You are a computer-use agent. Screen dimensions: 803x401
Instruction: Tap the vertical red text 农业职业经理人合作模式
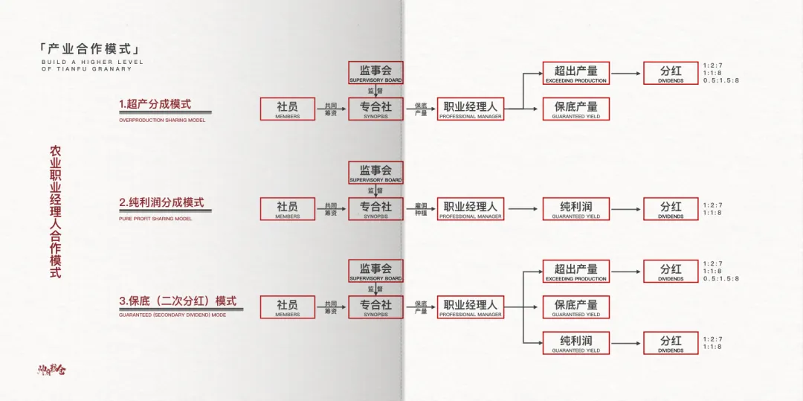55,212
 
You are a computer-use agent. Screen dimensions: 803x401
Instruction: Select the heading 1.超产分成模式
155,104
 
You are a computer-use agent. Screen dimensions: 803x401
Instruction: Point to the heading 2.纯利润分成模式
161,202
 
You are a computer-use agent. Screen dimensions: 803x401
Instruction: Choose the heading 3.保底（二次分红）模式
178,301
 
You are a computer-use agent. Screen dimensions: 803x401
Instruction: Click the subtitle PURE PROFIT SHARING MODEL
155,219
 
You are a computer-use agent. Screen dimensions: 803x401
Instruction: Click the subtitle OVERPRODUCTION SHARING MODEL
162,120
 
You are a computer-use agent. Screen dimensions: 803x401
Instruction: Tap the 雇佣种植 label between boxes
421,209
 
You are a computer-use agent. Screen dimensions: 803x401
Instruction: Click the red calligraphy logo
52,368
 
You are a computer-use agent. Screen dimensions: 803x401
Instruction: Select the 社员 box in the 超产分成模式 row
287,109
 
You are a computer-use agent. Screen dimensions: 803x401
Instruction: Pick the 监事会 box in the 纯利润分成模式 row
375,173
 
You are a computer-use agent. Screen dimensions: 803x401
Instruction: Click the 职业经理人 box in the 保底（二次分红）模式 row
470,307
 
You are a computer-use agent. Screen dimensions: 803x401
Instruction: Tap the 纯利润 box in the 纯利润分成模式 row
575,209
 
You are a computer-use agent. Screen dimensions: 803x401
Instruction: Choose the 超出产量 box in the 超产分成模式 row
575,73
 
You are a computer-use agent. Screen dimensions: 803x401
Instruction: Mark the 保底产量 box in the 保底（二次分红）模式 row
575,307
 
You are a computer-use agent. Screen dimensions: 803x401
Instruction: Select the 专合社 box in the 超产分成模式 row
375,109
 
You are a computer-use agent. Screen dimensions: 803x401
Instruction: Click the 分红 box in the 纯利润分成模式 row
671,209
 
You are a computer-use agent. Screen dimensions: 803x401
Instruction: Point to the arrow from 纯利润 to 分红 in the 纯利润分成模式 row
626,209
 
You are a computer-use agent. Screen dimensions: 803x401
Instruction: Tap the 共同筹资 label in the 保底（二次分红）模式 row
331,307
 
